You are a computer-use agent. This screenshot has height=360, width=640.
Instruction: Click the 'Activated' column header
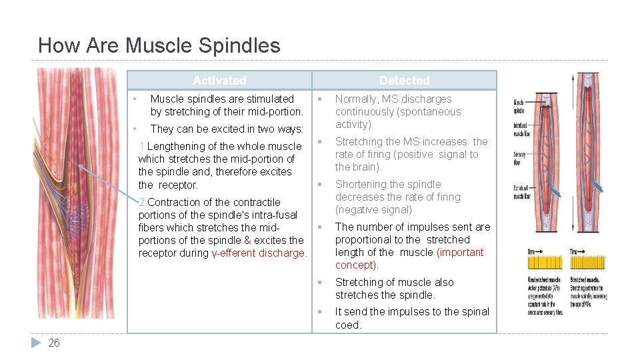click(x=219, y=81)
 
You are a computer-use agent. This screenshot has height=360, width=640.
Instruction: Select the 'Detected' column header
click(x=404, y=81)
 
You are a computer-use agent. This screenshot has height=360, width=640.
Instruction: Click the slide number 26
click(x=54, y=343)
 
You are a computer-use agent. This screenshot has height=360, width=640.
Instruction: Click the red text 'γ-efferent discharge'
click(x=259, y=253)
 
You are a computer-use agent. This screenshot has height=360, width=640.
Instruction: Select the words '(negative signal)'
click(x=373, y=210)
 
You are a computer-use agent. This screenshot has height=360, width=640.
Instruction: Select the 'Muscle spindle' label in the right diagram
click(x=518, y=106)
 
